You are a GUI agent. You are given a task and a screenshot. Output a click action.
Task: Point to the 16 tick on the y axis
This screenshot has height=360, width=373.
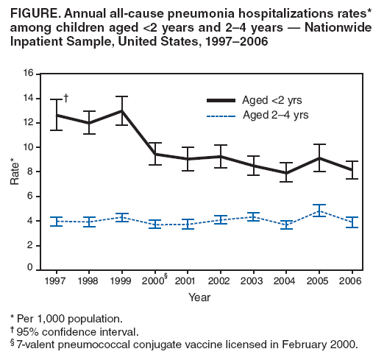pos(28,74)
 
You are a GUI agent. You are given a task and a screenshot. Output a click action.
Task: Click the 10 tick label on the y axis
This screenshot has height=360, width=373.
pos(28,147)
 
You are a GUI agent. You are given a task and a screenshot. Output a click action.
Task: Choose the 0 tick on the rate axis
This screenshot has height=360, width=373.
pos(30,270)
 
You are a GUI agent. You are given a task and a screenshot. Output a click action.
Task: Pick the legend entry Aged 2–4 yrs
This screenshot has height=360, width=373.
pos(273,114)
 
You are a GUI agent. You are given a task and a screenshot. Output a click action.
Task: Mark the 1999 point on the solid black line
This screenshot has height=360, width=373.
pos(121,110)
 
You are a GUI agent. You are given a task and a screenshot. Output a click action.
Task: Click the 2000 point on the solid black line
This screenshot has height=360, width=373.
pos(154,154)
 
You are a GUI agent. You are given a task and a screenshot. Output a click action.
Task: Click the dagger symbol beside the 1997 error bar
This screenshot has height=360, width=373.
pos(66,97)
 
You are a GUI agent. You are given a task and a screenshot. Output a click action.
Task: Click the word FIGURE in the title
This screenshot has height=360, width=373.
pos(31,12)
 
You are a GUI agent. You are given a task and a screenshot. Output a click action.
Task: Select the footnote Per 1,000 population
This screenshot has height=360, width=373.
pos(69,319)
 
